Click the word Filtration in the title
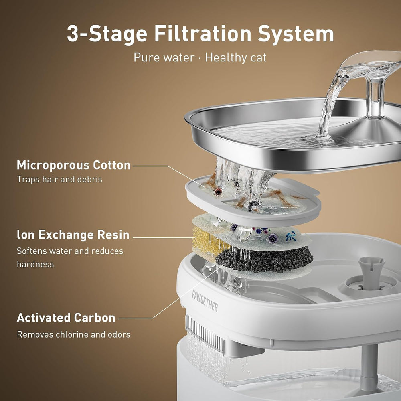(x=203, y=34)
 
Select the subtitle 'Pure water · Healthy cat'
(x=200, y=57)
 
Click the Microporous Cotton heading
(x=74, y=165)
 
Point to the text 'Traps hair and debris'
(x=59, y=179)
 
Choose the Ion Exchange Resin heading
(x=73, y=235)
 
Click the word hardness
(x=35, y=264)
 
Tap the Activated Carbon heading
(x=66, y=318)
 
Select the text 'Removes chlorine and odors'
(x=74, y=334)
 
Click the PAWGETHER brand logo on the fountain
(x=205, y=300)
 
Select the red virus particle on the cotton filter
(x=218, y=192)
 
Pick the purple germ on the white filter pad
(x=273, y=238)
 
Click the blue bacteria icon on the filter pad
(x=291, y=236)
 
